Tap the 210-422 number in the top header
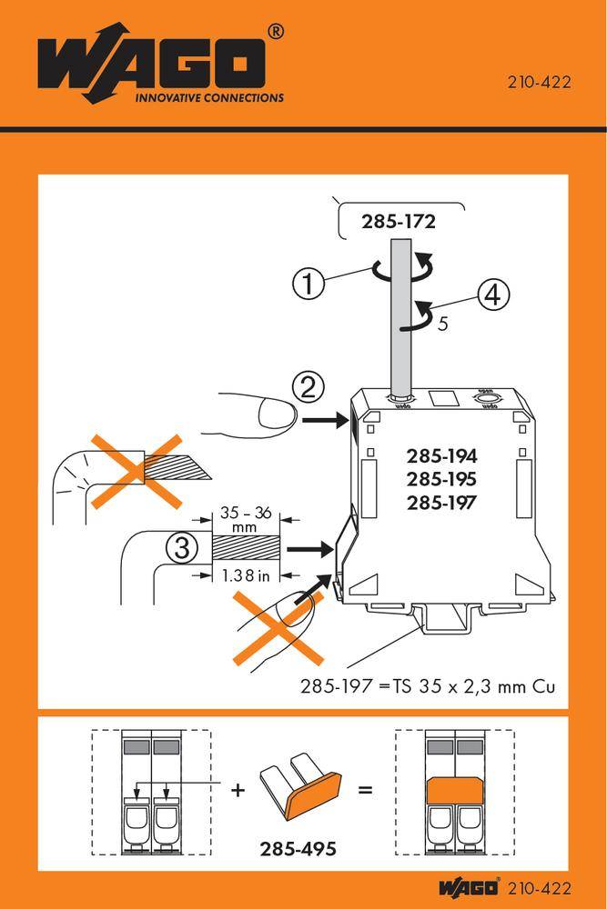pyautogui.click(x=538, y=83)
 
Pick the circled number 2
pyautogui.click(x=309, y=389)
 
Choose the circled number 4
pyautogui.click(x=491, y=295)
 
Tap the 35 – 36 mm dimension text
pyautogui.click(x=245, y=519)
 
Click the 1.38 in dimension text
pyautogui.click(x=244, y=574)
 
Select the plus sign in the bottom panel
pyautogui.click(x=238, y=790)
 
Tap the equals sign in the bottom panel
pyautogui.click(x=365, y=790)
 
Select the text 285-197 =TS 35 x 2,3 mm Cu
pyautogui.click(x=428, y=687)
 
